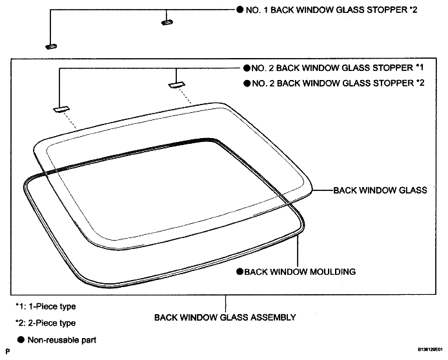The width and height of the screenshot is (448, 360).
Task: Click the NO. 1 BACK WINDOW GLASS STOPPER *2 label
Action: pos(331,10)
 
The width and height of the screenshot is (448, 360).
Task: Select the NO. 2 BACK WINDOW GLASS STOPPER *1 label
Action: pos(338,68)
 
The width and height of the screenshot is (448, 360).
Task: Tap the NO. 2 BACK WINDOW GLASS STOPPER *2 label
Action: pos(338,83)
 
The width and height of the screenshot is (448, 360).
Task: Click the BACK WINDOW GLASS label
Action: pos(380,190)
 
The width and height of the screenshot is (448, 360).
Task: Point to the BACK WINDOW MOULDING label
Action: pos(300,272)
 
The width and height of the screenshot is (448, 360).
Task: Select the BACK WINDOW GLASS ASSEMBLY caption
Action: pos(225,317)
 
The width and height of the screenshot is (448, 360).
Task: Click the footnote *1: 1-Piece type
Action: pos(46,306)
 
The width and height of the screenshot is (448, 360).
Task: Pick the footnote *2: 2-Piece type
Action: pos(46,323)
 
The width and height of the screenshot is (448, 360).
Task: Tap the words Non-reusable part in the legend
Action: pos(62,340)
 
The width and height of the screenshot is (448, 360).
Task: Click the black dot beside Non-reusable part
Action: pos(21,340)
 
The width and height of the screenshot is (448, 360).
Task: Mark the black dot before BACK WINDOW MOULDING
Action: pos(239,272)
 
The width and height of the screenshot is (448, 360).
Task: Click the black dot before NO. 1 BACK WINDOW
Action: pos(240,10)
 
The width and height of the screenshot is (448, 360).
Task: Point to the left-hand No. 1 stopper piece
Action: pos(51,46)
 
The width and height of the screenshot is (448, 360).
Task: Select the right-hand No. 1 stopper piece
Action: pos(167,23)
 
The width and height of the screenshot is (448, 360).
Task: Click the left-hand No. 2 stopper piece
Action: pos(61,109)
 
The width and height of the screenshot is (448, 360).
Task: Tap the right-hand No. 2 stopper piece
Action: pos(177,85)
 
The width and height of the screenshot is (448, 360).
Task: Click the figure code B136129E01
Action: pos(431,349)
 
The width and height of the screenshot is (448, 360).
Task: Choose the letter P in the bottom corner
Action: pos(8,351)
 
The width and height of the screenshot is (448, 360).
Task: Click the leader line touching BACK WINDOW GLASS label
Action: pos(323,190)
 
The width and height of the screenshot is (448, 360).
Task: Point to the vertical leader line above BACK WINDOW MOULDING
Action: pos(298,251)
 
